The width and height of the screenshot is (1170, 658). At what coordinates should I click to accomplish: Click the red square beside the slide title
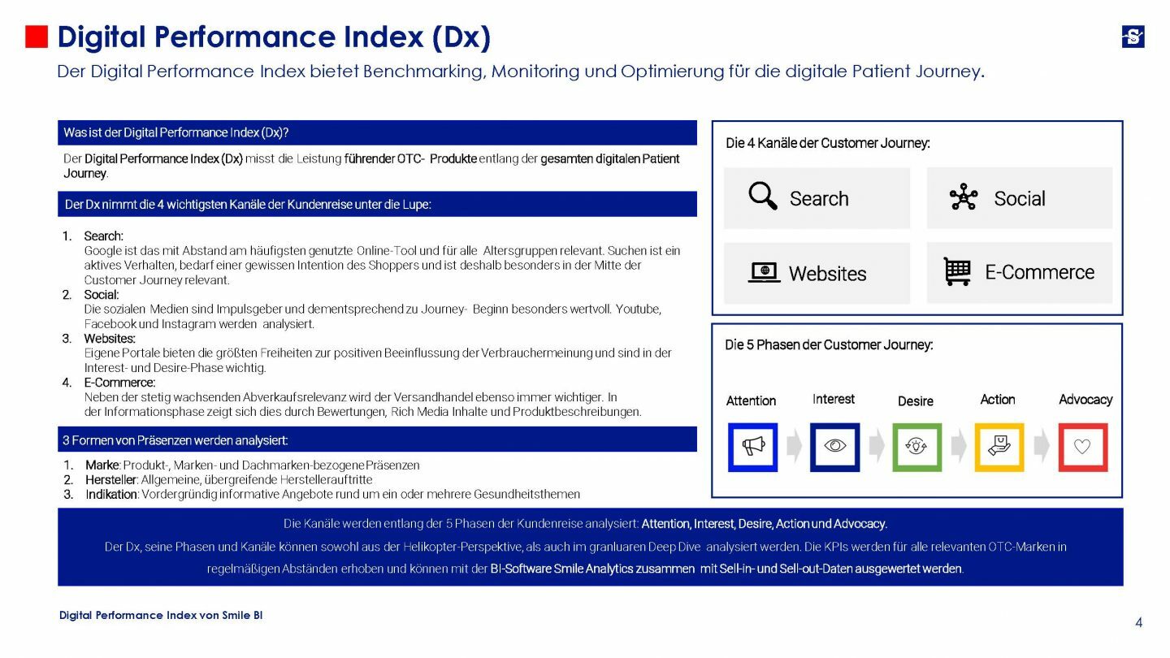pyautogui.click(x=37, y=37)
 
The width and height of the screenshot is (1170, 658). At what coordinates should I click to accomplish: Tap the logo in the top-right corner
pyautogui.click(x=1133, y=37)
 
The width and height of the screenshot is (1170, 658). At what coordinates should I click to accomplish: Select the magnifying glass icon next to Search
pyautogui.click(x=762, y=197)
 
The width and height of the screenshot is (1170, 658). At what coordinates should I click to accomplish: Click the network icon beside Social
pyautogui.click(x=964, y=197)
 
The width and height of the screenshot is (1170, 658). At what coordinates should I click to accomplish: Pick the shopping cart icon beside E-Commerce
pyautogui.click(x=957, y=271)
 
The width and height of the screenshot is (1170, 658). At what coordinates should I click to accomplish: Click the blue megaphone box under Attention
pyautogui.click(x=752, y=447)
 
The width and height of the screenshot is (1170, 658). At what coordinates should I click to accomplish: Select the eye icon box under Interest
pyautogui.click(x=834, y=447)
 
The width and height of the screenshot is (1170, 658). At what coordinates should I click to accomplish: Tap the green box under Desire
pyautogui.click(x=916, y=447)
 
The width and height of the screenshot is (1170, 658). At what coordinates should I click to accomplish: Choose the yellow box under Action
pyautogui.click(x=999, y=447)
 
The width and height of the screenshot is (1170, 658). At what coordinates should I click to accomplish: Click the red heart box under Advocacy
pyautogui.click(x=1082, y=447)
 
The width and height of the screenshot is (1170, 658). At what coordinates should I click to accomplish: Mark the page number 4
pyautogui.click(x=1138, y=623)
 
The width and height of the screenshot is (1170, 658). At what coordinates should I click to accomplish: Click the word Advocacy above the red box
pyautogui.click(x=1085, y=400)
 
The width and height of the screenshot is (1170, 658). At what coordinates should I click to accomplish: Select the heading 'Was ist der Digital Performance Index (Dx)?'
pyautogui.click(x=176, y=132)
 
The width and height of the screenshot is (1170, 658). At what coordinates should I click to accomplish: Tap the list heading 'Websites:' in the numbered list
pyautogui.click(x=110, y=338)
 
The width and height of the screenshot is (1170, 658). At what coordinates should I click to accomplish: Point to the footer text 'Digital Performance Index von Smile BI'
pyautogui.click(x=161, y=615)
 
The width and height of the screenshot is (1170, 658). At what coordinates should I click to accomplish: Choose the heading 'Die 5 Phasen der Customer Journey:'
pyautogui.click(x=829, y=344)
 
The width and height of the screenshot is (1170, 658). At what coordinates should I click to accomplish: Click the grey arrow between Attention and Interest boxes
pyautogui.click(x=794, y=447)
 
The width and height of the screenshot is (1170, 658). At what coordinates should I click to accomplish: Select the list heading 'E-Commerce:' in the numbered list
pyautogui.click(x=119, y=382)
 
